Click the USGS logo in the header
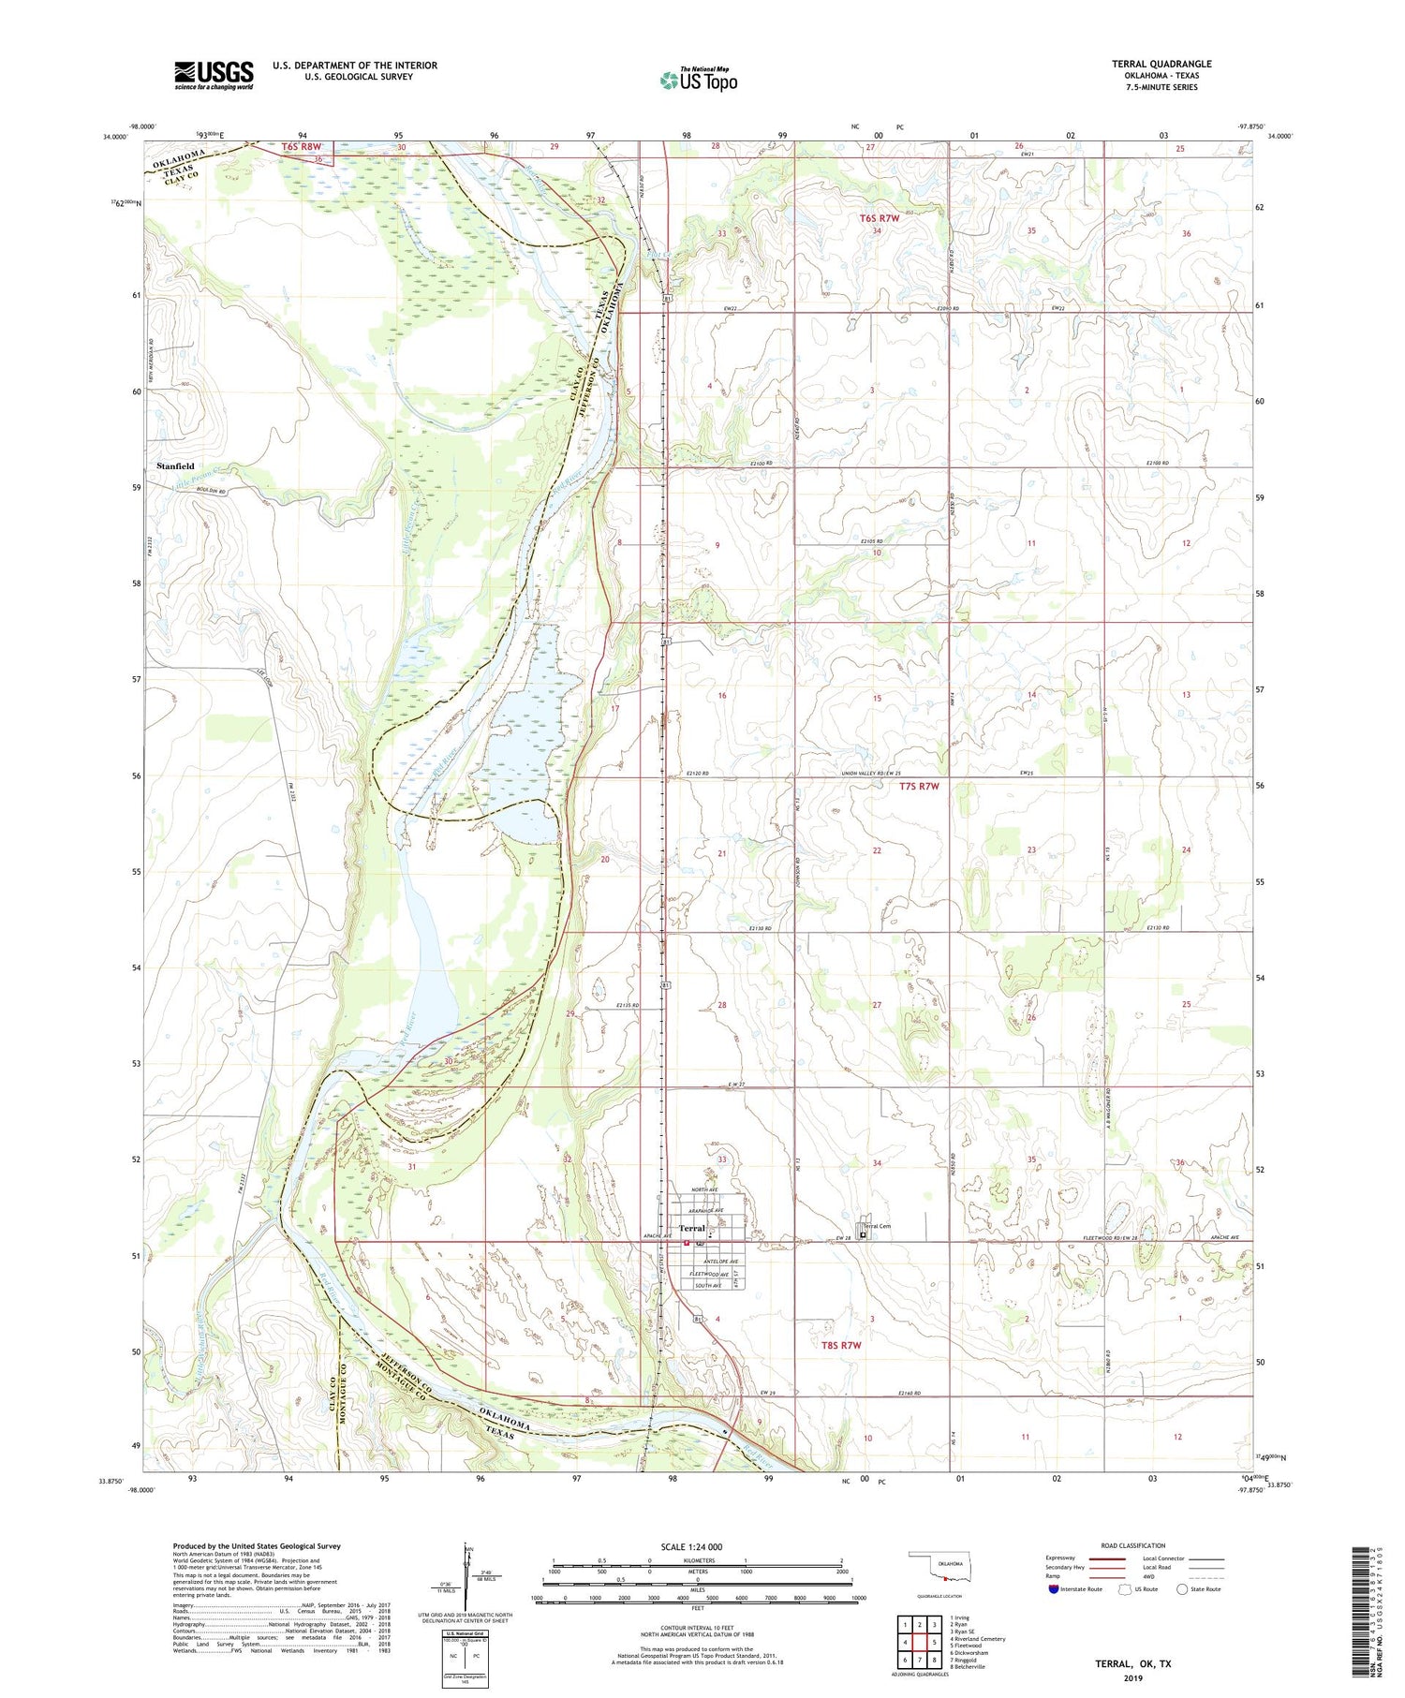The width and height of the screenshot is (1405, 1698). [x=214, y=75]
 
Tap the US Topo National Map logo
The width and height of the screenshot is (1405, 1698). [x=698, y=81]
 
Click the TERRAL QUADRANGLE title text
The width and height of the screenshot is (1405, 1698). [x=1161, y=64]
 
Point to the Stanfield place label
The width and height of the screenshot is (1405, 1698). [x=175, y=465]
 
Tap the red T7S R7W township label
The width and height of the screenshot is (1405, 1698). [x=918, y=787]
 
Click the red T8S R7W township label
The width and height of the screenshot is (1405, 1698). [x=840, y=1345]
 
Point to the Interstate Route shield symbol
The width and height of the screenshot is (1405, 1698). [x=1053, y=1589]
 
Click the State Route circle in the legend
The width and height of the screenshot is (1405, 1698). [x=1182, y=1589]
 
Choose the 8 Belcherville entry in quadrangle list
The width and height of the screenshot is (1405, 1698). [x=967, y=1667]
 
